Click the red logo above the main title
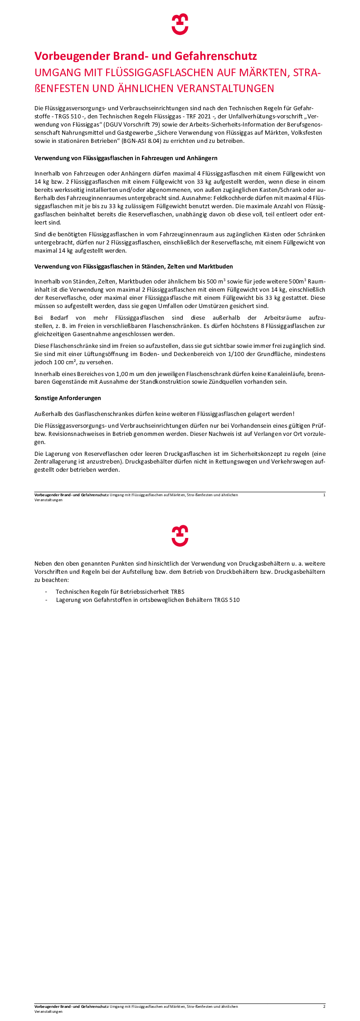[x=180, y=24]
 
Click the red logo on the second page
[x=180, y=536]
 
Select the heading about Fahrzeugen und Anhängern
[x=126, y=158]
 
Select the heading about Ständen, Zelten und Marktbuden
[x=134, y=266]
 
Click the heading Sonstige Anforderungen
[x=68, y=398]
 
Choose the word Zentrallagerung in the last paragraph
[x=56, y=462]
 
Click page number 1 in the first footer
[x=324, y=495]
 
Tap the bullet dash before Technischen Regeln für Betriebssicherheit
[x=46, y=591]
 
